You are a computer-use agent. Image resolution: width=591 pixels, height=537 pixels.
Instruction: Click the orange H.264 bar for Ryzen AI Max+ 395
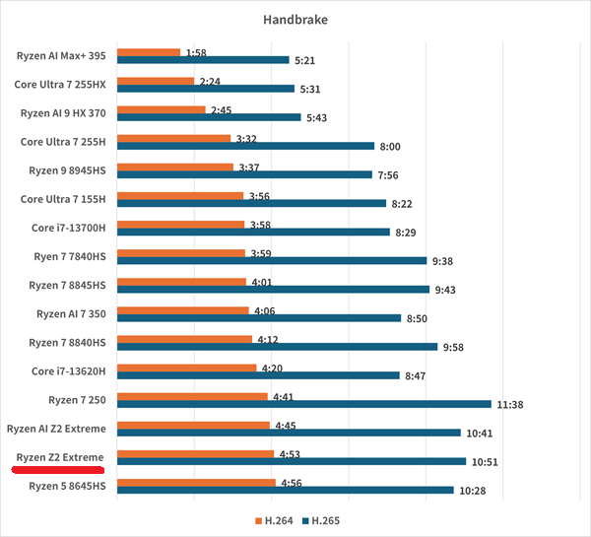point(149,52)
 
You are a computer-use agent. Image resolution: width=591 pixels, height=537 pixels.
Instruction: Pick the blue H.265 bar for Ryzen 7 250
point(303,404)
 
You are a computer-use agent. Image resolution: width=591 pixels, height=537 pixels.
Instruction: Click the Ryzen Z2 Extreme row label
point(60,457)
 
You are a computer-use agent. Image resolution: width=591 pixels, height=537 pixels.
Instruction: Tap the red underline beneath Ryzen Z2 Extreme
point(58,470)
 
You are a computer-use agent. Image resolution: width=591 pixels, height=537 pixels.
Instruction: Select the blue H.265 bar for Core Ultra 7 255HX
point(205,89)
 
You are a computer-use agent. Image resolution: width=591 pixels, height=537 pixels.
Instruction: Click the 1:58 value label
point(195,51)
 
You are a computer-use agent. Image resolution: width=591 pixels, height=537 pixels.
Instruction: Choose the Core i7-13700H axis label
point(69,228)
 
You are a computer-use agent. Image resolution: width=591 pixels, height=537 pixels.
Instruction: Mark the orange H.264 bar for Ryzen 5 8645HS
point(196,483)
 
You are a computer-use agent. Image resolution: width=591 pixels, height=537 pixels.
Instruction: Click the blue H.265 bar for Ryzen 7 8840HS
point(277,347)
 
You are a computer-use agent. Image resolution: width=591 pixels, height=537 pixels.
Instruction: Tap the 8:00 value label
point(390,147)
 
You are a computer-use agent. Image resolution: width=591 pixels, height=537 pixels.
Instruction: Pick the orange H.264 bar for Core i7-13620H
point(187,368)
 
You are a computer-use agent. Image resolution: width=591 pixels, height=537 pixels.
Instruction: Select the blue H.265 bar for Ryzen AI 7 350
point(259,318)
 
